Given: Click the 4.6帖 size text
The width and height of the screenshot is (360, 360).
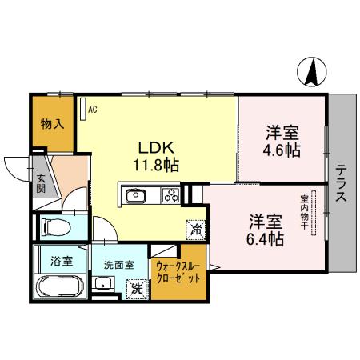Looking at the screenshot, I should (x=283, y=149).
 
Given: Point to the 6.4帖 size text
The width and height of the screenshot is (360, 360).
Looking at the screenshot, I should (x=264, y=237).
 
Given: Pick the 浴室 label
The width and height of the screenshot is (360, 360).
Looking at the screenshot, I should (x=62, y=260).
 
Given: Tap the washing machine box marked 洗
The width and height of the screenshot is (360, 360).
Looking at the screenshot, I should (x=138, y=288).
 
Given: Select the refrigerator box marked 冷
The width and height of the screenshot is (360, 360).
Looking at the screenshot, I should (x=196, y=228).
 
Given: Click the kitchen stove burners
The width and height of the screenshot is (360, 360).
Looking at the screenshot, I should (x=170, y=194).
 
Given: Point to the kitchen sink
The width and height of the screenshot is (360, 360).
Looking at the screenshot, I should (x=134, y=194).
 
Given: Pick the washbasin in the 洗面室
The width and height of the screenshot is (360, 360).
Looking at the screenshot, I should (x=102, y=283).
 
